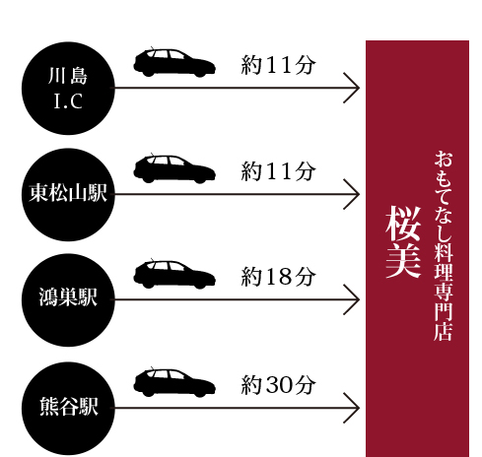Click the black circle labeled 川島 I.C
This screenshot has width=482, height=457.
point(68,88)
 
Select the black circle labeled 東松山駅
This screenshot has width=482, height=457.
point(68,194)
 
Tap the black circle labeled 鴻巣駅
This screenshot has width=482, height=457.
point(68,299)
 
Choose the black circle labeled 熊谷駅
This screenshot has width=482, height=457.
point(68,408)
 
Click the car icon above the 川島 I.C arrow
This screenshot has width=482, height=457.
point(174,62)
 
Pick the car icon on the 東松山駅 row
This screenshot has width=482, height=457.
point(174,168)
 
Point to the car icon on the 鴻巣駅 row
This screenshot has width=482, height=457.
point(174,274)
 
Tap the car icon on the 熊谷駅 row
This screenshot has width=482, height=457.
point(174,382)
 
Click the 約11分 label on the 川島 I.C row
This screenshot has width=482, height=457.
point(278,65)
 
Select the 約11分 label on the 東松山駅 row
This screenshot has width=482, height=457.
point(278,171)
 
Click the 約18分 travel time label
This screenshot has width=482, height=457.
point(278,277)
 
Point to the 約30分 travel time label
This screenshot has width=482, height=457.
point(278,385)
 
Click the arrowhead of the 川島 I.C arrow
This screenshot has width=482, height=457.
point(359,88)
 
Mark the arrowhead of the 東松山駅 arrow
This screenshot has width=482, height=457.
point(359,194)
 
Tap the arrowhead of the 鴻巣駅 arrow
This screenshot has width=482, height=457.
point(359,299)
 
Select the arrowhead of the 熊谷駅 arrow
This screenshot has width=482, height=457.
point(359,408)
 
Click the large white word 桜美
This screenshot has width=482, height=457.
point(403,242)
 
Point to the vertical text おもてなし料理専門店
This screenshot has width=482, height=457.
point(444,245)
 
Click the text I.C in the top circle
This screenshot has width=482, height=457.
point(68,100)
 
